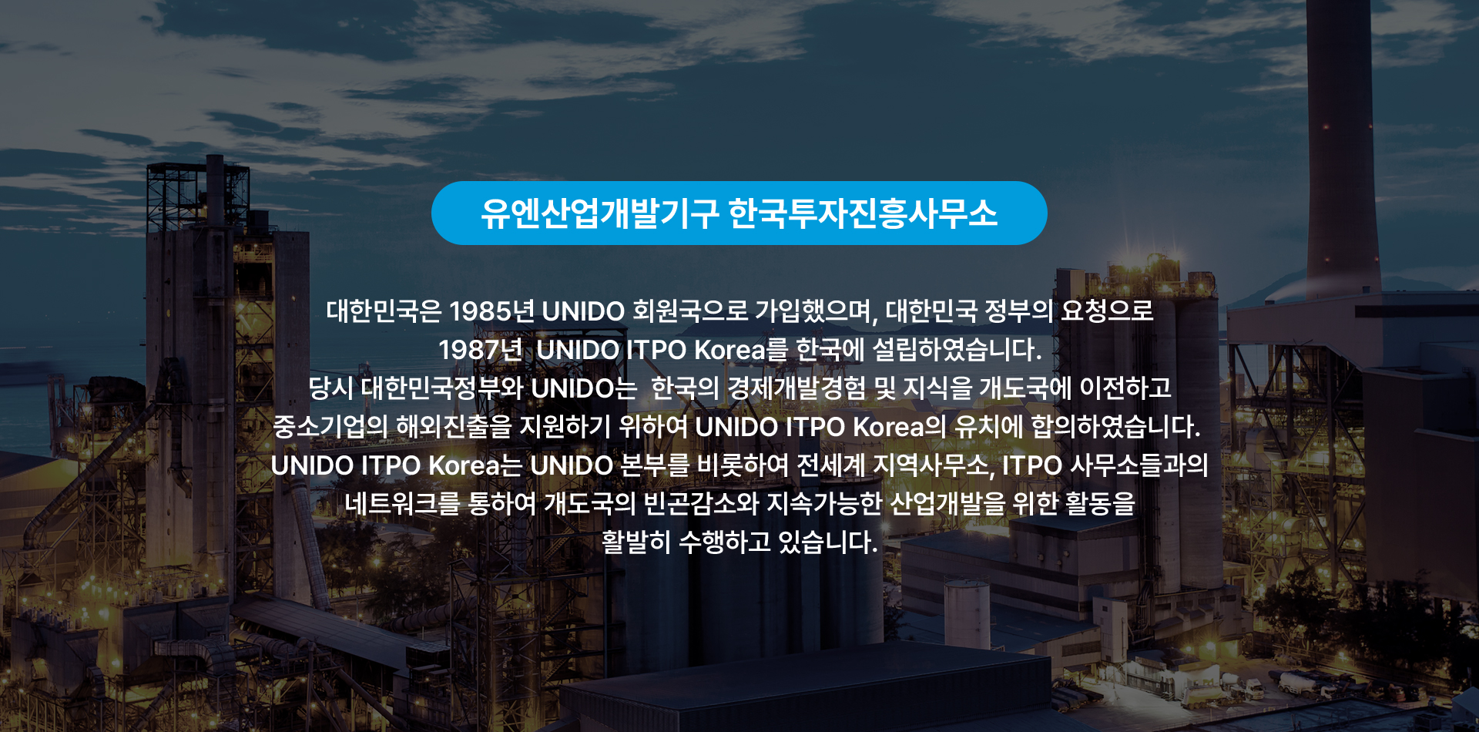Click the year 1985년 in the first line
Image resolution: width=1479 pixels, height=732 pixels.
click(491, 311)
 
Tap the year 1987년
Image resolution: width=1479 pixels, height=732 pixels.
click(481, 350)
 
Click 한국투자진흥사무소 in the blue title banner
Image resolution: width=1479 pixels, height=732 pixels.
click(863, 213)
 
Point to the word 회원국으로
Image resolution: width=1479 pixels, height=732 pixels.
click(690, 311)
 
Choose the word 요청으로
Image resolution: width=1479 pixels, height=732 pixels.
click(1107, 311)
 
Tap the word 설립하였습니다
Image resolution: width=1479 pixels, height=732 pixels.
click(957, 350)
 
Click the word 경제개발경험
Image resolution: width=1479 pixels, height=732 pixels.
click(797, 388)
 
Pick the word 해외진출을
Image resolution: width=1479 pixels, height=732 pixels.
click(454, 427)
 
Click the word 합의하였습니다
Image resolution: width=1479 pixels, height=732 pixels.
click(1116, 427)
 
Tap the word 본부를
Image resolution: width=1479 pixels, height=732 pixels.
click(655, 465)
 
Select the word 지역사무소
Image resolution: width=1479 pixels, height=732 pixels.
click(934, 465)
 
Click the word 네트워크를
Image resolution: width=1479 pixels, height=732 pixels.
click(402, 504)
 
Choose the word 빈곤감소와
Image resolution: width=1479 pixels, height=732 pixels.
click(701, 504)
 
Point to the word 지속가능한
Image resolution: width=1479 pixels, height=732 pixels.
click(824, 504)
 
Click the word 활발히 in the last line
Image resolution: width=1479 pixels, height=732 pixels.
click(636, 542)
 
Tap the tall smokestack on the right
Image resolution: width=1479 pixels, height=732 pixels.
click(1343, 146)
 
